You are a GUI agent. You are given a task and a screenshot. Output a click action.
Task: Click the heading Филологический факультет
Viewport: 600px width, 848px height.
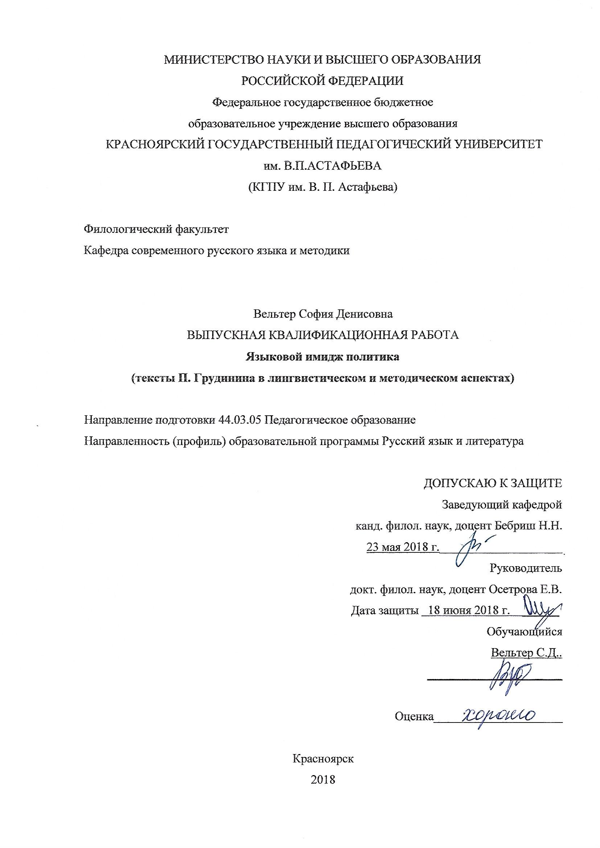pos(157,229)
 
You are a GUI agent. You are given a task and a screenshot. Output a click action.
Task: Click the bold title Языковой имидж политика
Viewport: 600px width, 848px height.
pos(322,357)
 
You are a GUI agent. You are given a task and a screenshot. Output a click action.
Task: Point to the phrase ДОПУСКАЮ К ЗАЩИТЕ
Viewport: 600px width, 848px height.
pos(493,483)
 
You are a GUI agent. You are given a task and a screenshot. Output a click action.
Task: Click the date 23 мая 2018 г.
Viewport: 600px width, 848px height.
pos(402,547)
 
